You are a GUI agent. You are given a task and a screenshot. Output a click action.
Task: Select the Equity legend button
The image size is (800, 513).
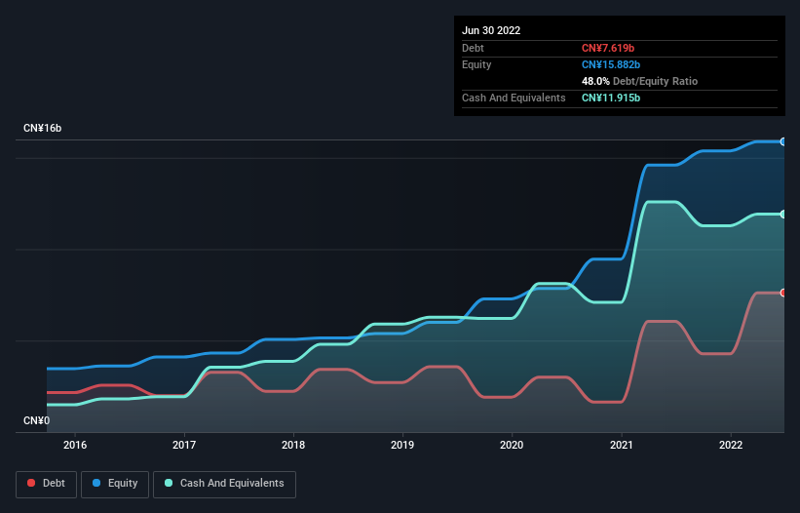tap(115, 483)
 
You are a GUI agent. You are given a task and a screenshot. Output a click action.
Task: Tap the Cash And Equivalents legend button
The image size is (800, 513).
tap(224, 483)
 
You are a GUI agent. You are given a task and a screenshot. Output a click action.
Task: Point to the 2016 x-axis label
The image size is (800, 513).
tap(75, 445)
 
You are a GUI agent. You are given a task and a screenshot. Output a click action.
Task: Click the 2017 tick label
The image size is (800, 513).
tap(184, 445)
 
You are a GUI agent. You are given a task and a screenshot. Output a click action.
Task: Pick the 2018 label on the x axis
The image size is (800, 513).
tap(293, 445)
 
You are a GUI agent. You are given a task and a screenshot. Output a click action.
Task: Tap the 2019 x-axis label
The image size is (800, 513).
tap(402, 445)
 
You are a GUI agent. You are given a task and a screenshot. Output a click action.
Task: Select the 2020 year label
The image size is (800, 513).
tap(512, 445)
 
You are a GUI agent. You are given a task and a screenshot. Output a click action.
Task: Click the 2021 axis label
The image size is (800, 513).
tap(622, 445)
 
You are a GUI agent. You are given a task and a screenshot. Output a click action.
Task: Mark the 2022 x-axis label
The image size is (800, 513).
tap(731, 445)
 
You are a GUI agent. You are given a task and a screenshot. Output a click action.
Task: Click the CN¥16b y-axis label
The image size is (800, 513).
tap(43, 129)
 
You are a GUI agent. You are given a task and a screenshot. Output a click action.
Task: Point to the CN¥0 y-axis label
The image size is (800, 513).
tap(36, 420)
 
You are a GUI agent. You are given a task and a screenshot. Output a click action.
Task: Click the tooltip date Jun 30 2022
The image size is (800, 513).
tap(491, 30)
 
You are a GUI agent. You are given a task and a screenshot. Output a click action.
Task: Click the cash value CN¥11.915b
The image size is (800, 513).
tap(611, 98)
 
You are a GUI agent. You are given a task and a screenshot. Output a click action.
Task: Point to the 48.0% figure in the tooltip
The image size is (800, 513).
tap(596, 81)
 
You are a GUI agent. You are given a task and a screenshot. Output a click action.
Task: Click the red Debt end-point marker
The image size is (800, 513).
tap(783, 293)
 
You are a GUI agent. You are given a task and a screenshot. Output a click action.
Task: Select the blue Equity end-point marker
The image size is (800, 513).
tap(783, 141)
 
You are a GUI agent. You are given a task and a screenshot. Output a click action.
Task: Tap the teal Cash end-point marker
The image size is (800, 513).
tap(783, 214)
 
